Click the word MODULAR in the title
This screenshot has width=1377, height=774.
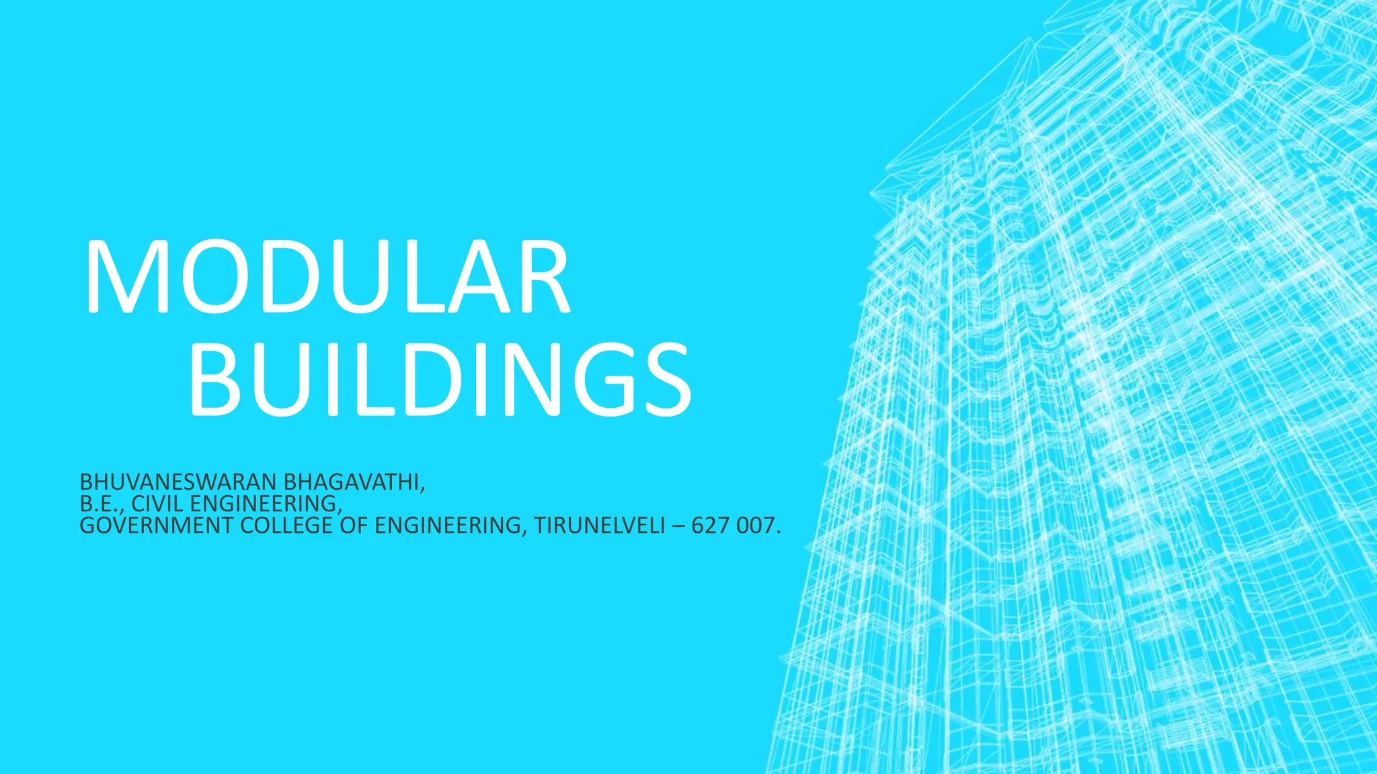pos(327,277)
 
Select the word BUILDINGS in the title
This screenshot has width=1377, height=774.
pos(440,379)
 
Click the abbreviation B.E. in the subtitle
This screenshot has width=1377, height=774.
pos(102,504)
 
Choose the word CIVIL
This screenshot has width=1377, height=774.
pos(159,504)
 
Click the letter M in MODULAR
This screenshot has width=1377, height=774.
pos(126,277)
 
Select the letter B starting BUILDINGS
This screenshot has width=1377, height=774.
pos(214,379)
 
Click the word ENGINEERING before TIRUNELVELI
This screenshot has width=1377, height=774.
pos(446,525)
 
